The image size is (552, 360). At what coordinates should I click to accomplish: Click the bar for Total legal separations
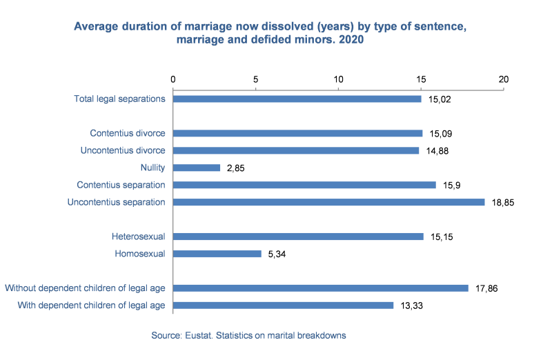pyautogui.click(x=297, y=99)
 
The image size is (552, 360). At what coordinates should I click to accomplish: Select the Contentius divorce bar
pyautogui.click(x=297, y=133)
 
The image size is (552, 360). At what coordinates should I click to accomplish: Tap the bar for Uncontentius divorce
pyautogui.click(x=296, y=150)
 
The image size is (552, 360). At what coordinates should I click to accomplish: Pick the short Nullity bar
pyautogui.click(x=197, y=168)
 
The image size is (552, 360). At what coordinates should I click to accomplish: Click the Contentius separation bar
pyautogui.click(x=304, y=185)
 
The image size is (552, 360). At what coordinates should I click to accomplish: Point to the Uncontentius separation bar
pyautogui.click(x=328, y=202)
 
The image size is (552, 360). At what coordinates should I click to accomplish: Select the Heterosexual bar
pyautogui.click(x=298, y=237)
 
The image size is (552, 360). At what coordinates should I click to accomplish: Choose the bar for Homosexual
pyautogui.click(x=217, y=254)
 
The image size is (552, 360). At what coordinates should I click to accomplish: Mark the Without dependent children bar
pyautogui.click(x=320, y=288)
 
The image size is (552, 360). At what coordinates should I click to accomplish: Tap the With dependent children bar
pyautogui.click(x=283, y=306)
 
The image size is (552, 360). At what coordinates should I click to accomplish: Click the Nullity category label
pyautogui.click(x=152, y=168)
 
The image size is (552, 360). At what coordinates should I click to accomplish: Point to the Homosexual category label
pyautogui.click(x=140, y=254)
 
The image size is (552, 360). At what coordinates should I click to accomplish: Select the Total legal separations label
pyautogui.click(x=119, y=99)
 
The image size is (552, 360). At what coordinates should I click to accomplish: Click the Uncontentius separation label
pyautogui.click(x=116, y=202)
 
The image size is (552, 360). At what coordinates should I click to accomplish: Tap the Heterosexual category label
pyautogui.click(x=138, y=237)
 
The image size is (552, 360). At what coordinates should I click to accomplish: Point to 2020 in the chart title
pyautogui.click(x=351, y=40)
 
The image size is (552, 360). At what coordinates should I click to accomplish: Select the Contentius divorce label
pyautogui.click(x=128, y=133)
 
